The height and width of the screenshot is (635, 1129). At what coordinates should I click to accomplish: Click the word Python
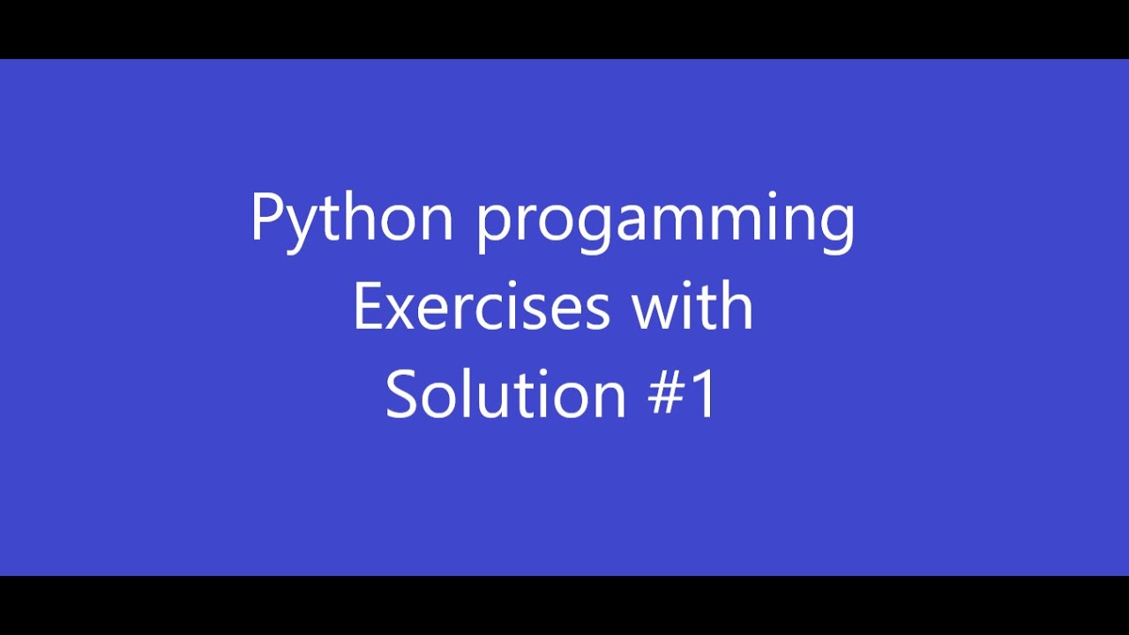point(351,218)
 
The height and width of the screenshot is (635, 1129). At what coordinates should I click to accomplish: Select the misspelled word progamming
point(666,220)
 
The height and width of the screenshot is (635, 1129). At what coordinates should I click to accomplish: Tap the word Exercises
point(482,307)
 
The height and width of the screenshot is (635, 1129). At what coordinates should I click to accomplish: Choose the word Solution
point(505,394)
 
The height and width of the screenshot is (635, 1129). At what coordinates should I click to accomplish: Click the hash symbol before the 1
point(665,395)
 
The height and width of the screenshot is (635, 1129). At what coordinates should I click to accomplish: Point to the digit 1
point(704,395)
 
